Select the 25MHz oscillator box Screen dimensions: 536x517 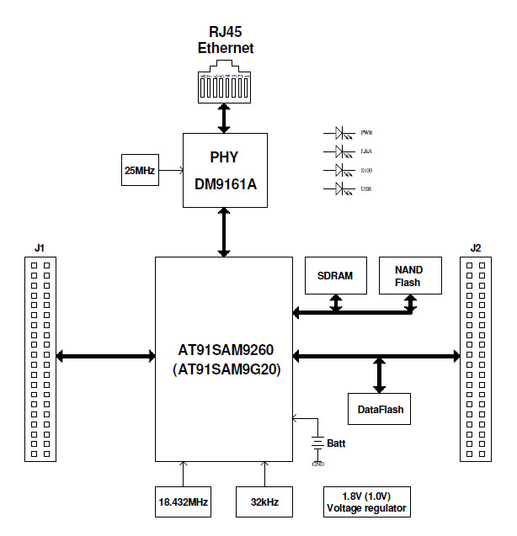pyautogui.click(x=139, y=171)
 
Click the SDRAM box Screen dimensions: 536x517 pyautogui.click(x=335, y=275)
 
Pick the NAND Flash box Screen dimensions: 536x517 pyautogui.click(x=408, y=275)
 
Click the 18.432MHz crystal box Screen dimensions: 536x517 pyautogui.click(x=183, y=502)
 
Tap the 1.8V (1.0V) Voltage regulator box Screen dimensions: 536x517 pyautogui.click(x=366, y=502)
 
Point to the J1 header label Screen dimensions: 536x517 pyautogui.click(x=40, y=248)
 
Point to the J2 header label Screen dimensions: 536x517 pyautogui.click(x=475, y=248)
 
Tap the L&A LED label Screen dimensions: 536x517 pyautogui.click(x=366, y=152)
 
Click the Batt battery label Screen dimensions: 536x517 pyautogui.click(x=337, y=443)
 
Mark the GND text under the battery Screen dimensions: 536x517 pyautogui.click(x=317, y=464)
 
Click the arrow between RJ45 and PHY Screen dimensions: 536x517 pyautogui.click(x=224, y=118)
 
